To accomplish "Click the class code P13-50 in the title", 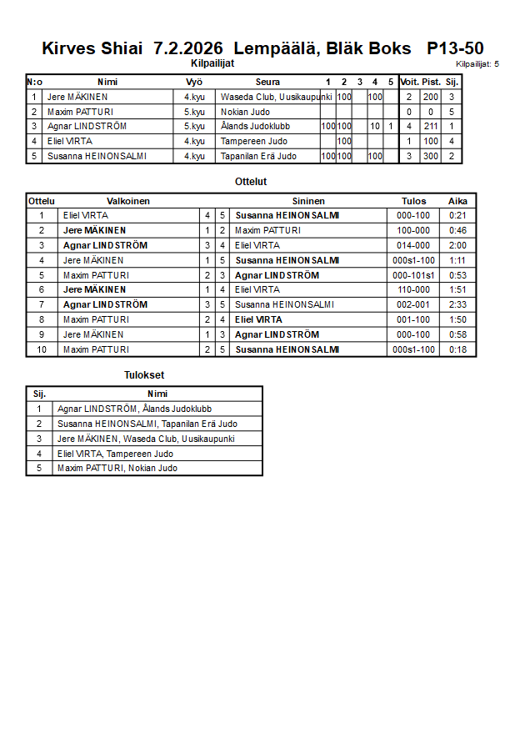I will pos(455,48).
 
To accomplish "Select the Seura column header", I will pos(267,82).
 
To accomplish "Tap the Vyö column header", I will pos(194,82).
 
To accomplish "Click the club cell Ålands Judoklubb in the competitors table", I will pos(255,127).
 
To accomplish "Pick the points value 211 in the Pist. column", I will pos(431,127).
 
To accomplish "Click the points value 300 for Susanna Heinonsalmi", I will pos(431,156).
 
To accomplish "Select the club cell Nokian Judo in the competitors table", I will pos(246,112).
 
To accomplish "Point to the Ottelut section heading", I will pos(251,181).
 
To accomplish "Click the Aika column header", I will pos(457,201).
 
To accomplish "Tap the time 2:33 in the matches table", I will pos(457,304).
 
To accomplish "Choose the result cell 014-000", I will pos(413,245).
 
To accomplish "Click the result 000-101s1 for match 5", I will pos(413,275).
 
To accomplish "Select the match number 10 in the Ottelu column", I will pos(41,349).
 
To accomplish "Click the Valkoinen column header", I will pos(128,201).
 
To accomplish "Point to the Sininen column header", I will pos(308,201).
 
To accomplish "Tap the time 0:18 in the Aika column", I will pos(457,349).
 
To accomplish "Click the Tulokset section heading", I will pos(144,375).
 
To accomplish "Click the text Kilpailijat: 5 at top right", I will pos(477,63).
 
